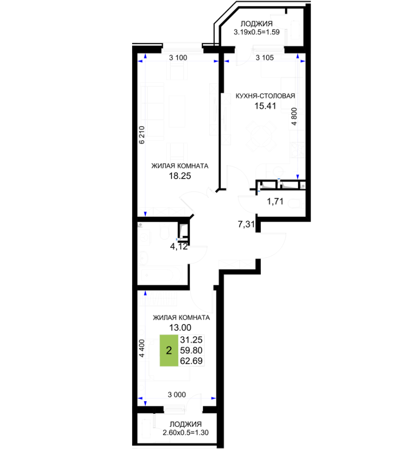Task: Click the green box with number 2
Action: pyautogui.click(x=169, y=350)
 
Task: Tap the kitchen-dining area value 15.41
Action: pyautogui.click(x=265, y=106)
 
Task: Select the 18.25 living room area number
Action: pyautogui.click(x=180, y=176)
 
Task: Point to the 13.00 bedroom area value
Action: pyautogui.click(x=180, y=327)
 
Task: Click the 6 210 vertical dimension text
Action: pyautogui.click(x=141, y=135)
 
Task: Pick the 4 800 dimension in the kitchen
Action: pyautogui.click(x=294, y=116)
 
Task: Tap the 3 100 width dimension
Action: pyautogui.click(x=178, y=58)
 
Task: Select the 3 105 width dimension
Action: pyautogui.click(x=265, y=58)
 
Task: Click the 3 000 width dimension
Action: pyautogui.click(x=177, y=395)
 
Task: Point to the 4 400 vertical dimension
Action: pyautogui.click(x=141, y=348)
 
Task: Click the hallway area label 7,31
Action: pyautogui.click(x=246, y=224)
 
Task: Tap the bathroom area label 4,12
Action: pyautogui.click(x=179, y=246)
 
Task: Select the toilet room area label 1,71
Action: pyautogui.click(x=275, y=201)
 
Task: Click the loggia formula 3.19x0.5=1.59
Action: pyautogui.click(x=256, y=32)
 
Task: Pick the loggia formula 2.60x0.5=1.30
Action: pyautogui.click(x=185, y=432)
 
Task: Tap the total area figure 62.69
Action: pyautogui.click(x=191, y=361)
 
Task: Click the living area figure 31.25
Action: pyautogui.click(x=191, y=340)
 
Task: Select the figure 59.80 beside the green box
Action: pyautogui.click(x=191, y=350)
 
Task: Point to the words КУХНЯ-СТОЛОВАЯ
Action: pyautogui.click(x=265, y=96)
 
